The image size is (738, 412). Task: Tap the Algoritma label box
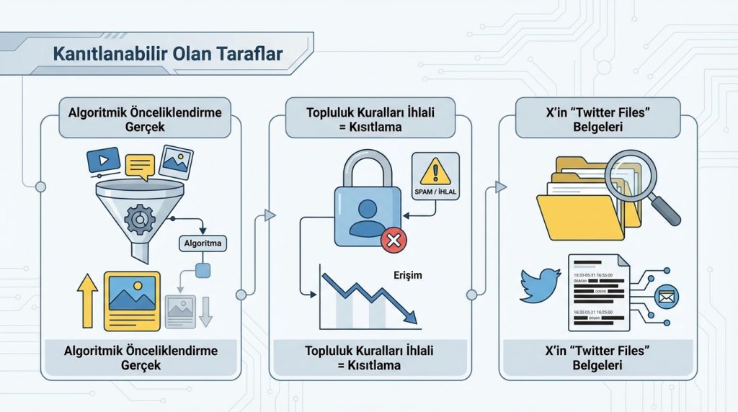(x=203, y=243)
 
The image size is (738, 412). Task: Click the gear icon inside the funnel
(x=139, y=218)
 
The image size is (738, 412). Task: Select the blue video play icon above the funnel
(x=103, y=159)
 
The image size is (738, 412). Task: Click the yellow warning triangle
(x=435, y=171)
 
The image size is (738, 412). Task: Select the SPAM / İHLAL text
(x=435, y=192)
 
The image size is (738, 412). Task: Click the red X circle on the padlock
(x=394, y=239)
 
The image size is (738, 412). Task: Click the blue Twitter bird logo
(x=540, y=285)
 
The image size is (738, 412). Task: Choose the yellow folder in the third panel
(x=579, y=205)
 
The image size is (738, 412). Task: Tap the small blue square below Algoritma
(x=203, y=270)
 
